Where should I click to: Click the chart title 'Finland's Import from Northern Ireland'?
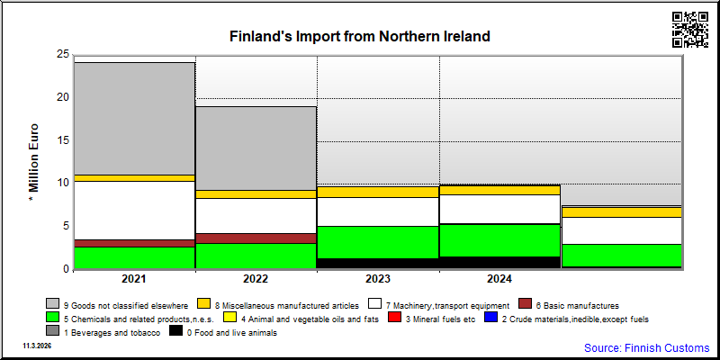tap(359, 36)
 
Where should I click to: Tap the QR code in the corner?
tap(690, 30)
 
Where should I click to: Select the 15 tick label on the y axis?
tap(63, 140)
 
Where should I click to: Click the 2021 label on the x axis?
tap(134, 279)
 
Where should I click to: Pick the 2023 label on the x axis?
tap(378, 279)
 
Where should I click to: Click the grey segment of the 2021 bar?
tap(134, 119)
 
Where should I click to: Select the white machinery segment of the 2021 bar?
tap(134, 211)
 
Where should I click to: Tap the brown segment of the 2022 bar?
tap(256, 238)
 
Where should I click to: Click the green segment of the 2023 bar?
tap(378, 242)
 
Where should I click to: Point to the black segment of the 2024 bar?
tap(499, 262)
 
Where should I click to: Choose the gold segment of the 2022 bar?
tap(256, 194)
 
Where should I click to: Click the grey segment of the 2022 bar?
tap(256, 148)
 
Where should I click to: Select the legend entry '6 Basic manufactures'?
tap(569, 305)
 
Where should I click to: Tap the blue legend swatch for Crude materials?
tap(490, 318)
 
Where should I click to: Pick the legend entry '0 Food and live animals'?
tap(223, 333)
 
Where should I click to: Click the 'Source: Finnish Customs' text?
tap(646, 347)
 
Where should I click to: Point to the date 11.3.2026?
tap(38, 345)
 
